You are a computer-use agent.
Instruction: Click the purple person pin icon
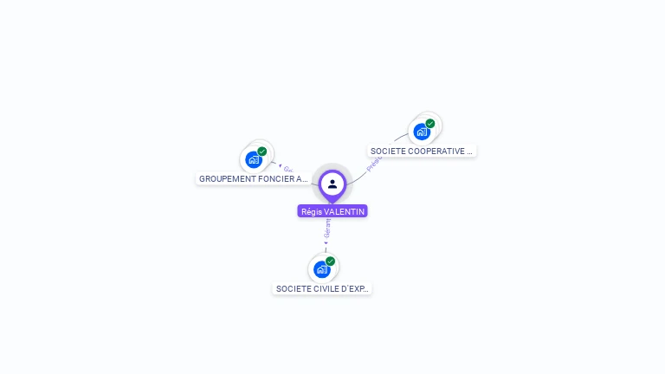pyautogui.click(x=332, y=184)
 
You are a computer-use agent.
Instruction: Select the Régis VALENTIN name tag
pyautogui.click(x=332, y=211)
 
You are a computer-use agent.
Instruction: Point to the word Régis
pyautogui.click(x=311, y=211)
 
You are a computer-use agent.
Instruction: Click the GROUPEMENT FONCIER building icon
pyautogui.click(x=253, y=159)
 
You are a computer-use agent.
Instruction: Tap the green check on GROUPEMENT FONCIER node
pyautogui.click(x=262, y=152)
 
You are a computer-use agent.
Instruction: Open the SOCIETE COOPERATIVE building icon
pyautogui.click(x=421, y=132)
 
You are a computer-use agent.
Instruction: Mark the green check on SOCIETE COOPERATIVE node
pyautogui.click(x=430, y=124)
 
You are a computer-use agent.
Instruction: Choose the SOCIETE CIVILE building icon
pyautogui.click(x=321, y=269)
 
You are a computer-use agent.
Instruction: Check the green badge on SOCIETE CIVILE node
pyautogui.click(x=331, y=261)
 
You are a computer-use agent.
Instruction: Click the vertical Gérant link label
pyautogui.click(x=327, y=229)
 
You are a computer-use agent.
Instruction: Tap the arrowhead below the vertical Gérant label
pyautogui.click(x=326, y=243)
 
